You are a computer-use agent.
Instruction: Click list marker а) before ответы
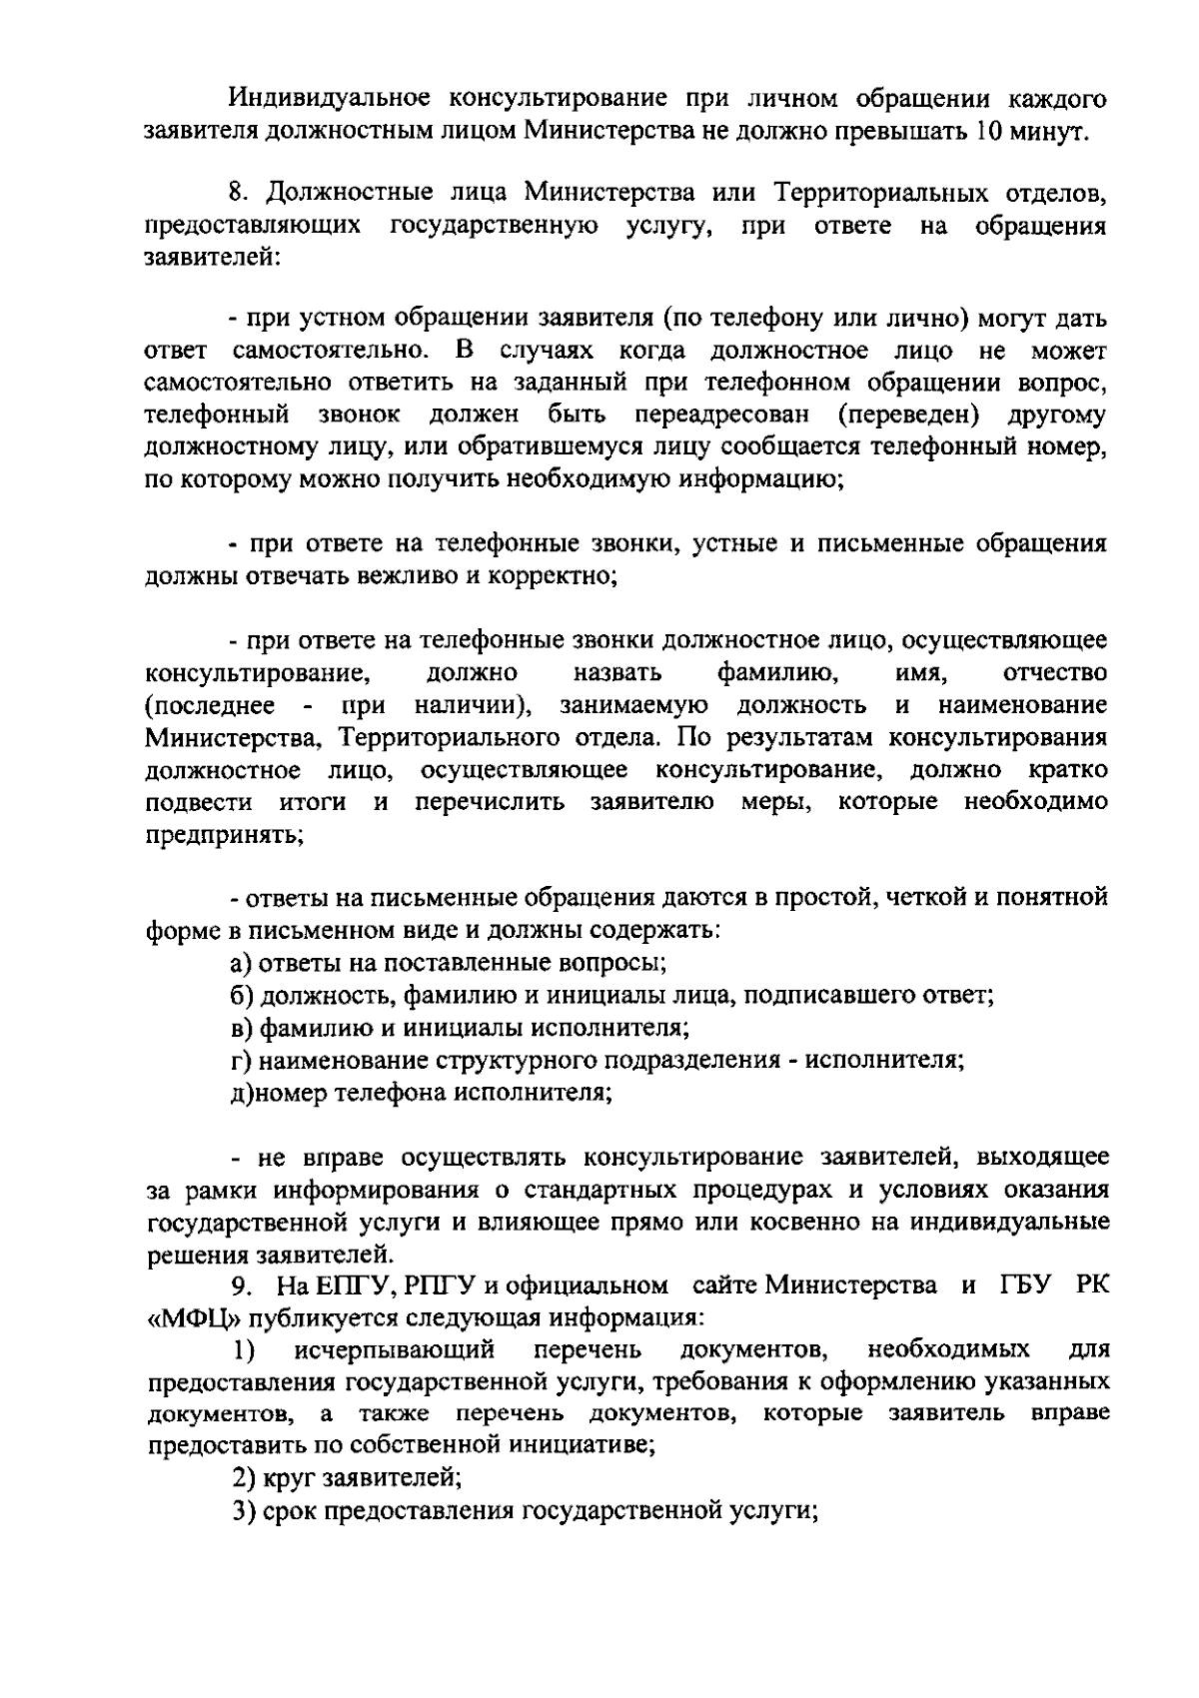[x=241, y=963]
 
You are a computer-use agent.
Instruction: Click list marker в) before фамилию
[x=241, y=1028]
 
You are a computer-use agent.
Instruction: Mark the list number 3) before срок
[x=243, y=1511]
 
